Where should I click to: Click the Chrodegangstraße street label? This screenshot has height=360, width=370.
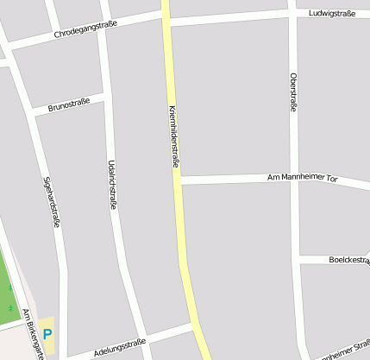click(85, 31)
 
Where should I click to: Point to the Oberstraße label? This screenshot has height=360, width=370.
click(294, 92)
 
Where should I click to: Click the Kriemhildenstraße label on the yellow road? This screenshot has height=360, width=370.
click(174, 136)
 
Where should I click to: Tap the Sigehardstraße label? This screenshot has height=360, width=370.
click(52, 202)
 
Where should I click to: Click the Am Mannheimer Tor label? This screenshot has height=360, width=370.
click(303, 177)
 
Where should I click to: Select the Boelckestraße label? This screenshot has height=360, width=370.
click(348, 259)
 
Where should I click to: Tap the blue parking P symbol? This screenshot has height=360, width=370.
click(47, 334)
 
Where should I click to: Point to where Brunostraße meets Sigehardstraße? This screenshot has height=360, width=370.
click(32, 112)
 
